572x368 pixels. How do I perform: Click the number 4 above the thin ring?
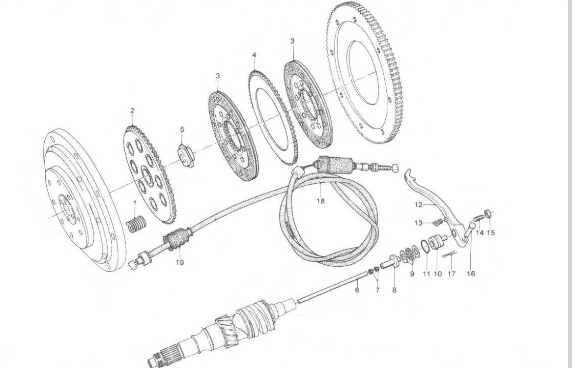tap(254, 56)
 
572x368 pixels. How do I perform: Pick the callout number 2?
tap(132, 111)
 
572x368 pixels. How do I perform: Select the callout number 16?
tap(471, 274)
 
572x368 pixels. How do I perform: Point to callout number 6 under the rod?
tap(357, 290)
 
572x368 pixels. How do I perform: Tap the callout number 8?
tap(394, 290)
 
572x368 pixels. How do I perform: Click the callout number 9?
tap(412, 274)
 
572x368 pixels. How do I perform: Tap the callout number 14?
tap(479, 232)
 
